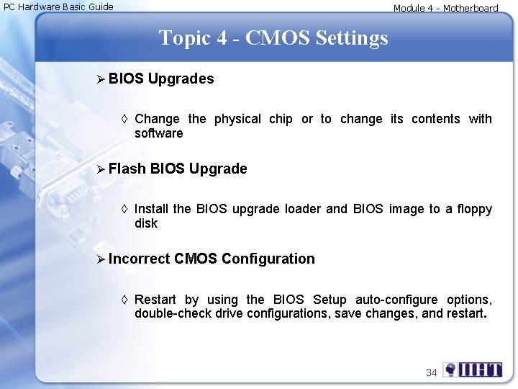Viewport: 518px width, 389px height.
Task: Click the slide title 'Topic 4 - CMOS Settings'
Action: click(x=273, y=37)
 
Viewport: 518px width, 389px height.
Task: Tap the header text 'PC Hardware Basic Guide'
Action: click(x=59, y=7)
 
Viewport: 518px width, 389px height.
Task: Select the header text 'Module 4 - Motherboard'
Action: click(x=445, y=9)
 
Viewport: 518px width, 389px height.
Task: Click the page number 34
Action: click(x=432, y=372)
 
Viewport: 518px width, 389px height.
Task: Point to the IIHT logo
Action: click(x=473, y=370)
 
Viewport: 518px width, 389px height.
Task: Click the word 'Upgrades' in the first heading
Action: click(x=181, y=79)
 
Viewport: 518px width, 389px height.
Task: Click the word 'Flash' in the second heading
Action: click(x=128, y=169)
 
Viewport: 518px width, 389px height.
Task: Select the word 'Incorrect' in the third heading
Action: click(x=140, y=259)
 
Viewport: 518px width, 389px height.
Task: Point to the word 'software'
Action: click(x=159, y=133)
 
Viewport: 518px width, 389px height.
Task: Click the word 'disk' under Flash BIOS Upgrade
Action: click(x=146, y=223)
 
